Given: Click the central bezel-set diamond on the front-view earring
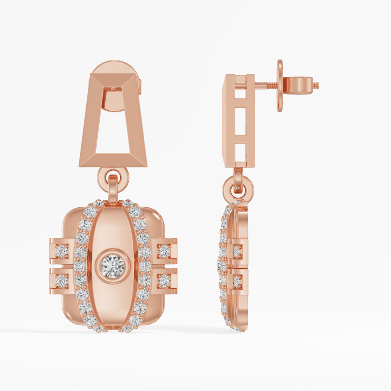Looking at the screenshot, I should (x=113, y=266).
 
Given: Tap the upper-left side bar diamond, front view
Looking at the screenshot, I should (x=61, y=251).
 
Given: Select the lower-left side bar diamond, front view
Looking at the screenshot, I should (x=61, y=281).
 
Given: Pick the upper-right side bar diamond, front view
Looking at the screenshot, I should (x=164, y=251).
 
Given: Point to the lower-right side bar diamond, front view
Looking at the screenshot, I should (x=164, y=281).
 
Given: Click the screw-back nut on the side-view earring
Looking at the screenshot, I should (x=298, y=85).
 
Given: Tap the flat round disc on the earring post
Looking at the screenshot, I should (x=280, y=86).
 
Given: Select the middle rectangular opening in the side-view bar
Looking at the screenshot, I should (x=240, y=121).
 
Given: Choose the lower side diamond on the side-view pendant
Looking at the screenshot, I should (x=237, y=281).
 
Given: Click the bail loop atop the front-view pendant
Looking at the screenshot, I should (x=113, y=189).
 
